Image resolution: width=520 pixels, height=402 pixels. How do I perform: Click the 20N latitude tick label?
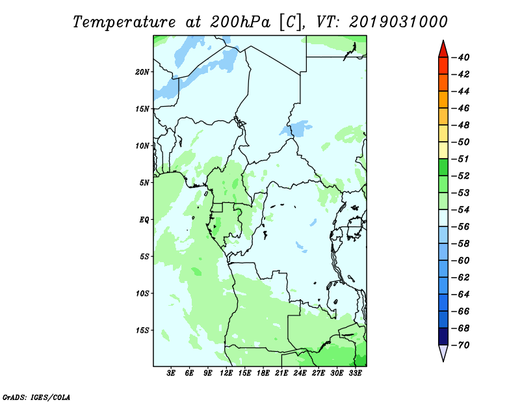point(142,72)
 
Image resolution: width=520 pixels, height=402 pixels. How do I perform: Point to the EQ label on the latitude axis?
point(144,219)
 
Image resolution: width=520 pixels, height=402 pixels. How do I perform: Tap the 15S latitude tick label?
point(142,330)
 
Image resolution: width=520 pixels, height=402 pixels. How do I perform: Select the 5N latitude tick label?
point(144,183)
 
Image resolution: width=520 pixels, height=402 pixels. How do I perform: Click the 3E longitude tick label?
point(171,373)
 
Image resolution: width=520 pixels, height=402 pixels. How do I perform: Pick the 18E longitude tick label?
point(263,373)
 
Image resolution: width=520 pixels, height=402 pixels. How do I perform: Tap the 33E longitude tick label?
point(355,373)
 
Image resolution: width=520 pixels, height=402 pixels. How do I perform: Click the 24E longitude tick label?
point(300,373)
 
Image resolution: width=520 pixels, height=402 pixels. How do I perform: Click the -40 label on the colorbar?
point(461,57)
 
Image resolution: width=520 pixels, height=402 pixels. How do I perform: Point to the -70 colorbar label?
point(461,345)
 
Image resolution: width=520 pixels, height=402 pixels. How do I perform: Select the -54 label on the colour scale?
point(461,210)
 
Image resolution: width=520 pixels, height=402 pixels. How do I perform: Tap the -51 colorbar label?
point(461,159)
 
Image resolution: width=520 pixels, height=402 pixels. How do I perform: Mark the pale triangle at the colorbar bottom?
point(443,352)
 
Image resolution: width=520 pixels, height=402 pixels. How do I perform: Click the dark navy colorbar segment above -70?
point(443,336)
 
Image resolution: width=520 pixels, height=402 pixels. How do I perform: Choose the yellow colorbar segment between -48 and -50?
point(443,133)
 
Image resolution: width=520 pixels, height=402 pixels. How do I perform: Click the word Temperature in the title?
point(123,22)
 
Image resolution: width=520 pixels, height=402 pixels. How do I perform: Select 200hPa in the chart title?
point(240,22)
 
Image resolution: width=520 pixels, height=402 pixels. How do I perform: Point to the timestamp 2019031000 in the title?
point(398,22)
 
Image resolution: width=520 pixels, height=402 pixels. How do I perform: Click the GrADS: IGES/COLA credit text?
point(36,397)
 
